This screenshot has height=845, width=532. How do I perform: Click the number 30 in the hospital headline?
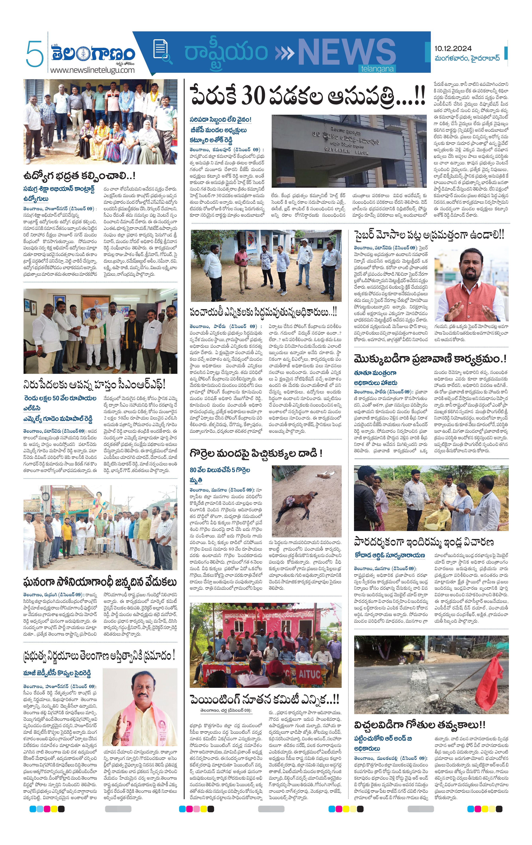pyautogui.click(x=253, y=95)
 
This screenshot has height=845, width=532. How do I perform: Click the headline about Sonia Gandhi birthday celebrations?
pyautogui.click(x=100, y=582)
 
